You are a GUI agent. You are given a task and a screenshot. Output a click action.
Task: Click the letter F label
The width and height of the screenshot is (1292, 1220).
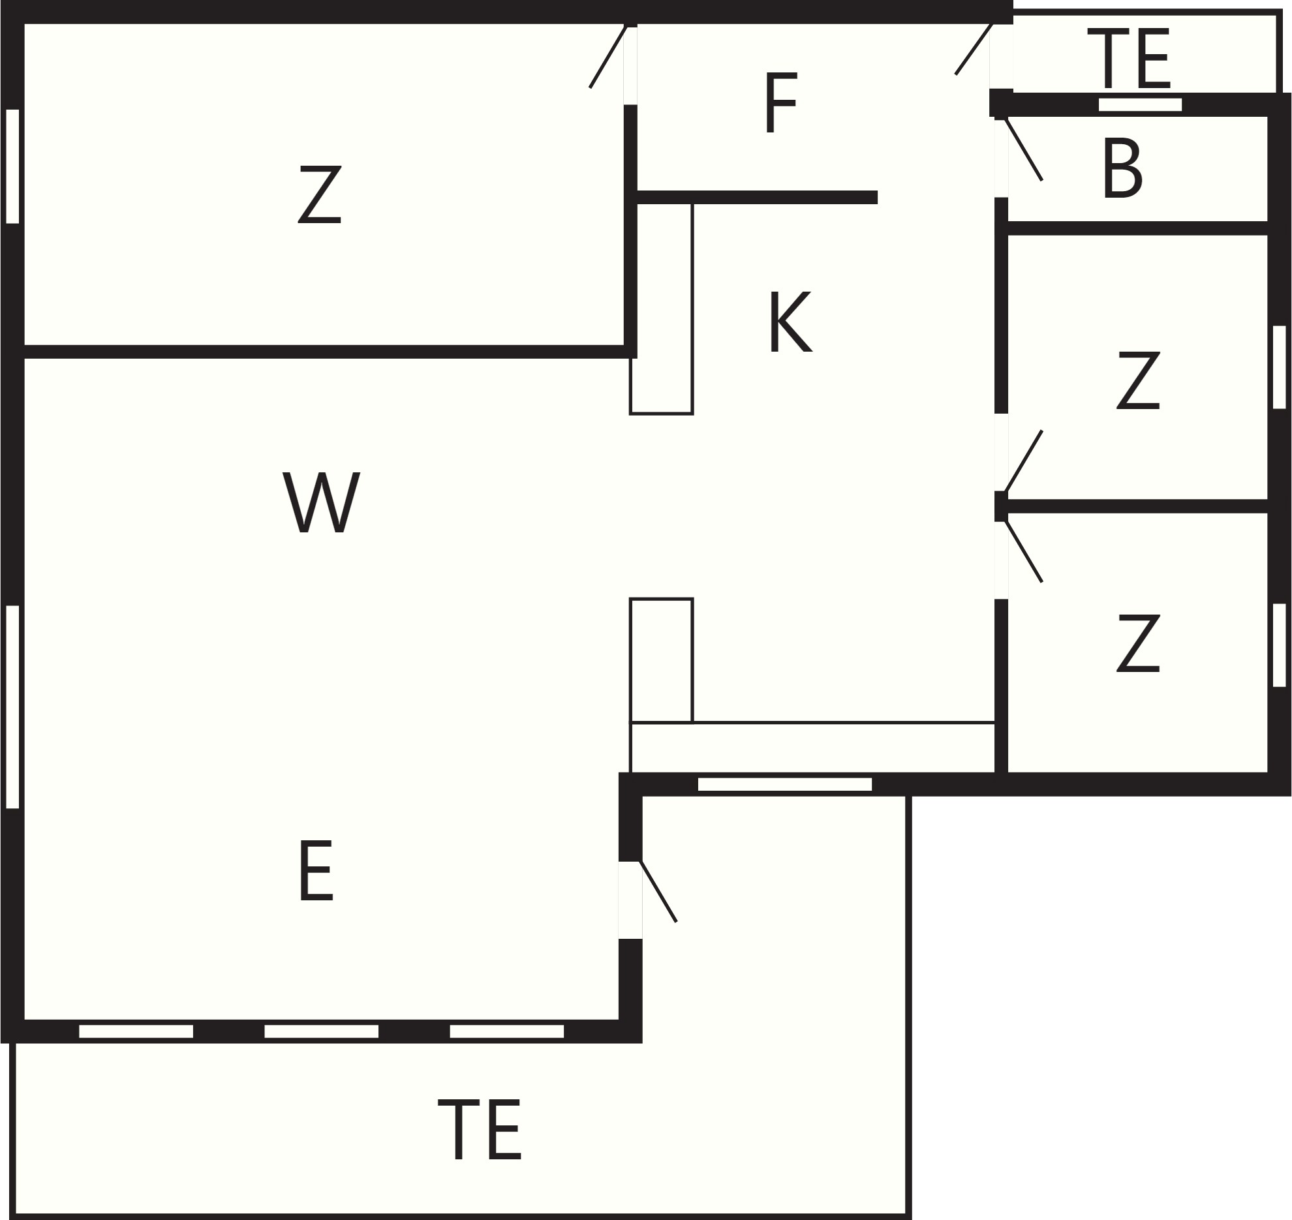[x=781, y=102]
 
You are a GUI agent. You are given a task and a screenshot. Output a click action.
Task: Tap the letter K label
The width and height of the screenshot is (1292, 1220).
[x=790, y=322]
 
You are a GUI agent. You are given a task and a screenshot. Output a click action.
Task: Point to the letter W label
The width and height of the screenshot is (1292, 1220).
[x=321, y=502]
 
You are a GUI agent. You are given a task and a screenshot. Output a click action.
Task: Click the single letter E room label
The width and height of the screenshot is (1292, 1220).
[x=316, y=871]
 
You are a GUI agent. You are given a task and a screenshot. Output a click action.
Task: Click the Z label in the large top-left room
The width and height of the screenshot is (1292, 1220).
[x=320, y=194]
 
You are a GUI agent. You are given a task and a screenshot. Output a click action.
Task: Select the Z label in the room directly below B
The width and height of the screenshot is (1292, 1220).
[x=1138, y=380]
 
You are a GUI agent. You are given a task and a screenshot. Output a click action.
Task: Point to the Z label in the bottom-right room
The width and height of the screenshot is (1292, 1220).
[x=1138, y=643]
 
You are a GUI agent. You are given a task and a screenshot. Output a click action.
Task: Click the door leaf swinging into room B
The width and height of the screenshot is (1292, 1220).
[x=1023, y=149]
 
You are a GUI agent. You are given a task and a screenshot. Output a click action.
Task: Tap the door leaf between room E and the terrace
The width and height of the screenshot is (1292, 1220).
[x=658, y=891]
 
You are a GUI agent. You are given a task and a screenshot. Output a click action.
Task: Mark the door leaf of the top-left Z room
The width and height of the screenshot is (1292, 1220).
[x=608, y=56]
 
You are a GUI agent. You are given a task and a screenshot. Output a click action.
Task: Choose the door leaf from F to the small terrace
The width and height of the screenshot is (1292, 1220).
[x=974, y=48]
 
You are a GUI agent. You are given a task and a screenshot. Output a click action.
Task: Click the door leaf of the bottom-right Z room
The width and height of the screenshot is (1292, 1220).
[x=1023, y=551]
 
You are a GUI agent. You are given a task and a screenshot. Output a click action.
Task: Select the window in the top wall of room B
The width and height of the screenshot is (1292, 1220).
[x=1140, y=104]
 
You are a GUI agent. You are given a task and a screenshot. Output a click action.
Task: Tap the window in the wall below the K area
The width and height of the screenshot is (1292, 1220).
[x=785, y=784]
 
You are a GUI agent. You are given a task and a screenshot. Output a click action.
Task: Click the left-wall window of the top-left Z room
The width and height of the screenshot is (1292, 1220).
[x=12, y=166]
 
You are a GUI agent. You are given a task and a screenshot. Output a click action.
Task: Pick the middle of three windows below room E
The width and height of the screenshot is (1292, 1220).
[x=321, y=1031]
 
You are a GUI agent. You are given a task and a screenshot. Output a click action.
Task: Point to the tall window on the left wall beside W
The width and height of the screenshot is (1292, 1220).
[x=12, y=707]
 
